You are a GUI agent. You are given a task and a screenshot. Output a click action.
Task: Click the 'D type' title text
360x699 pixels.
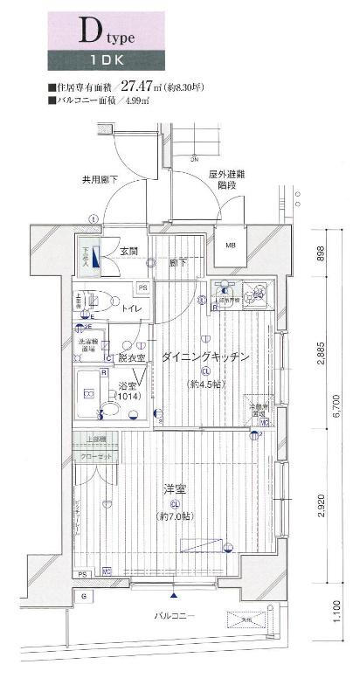108,35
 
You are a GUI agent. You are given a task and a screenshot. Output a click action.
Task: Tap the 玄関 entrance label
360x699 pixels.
128,252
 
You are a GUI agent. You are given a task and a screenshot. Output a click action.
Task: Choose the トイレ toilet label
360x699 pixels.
132,309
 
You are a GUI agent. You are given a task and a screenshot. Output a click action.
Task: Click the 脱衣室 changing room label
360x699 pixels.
131,358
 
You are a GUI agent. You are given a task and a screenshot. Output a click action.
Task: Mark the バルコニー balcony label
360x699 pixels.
175,615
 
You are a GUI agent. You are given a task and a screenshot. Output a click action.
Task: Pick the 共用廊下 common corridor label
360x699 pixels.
100,181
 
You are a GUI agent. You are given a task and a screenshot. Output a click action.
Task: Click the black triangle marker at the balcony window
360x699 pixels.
176,596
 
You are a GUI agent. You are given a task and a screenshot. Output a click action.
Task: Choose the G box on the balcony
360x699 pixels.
84,596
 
